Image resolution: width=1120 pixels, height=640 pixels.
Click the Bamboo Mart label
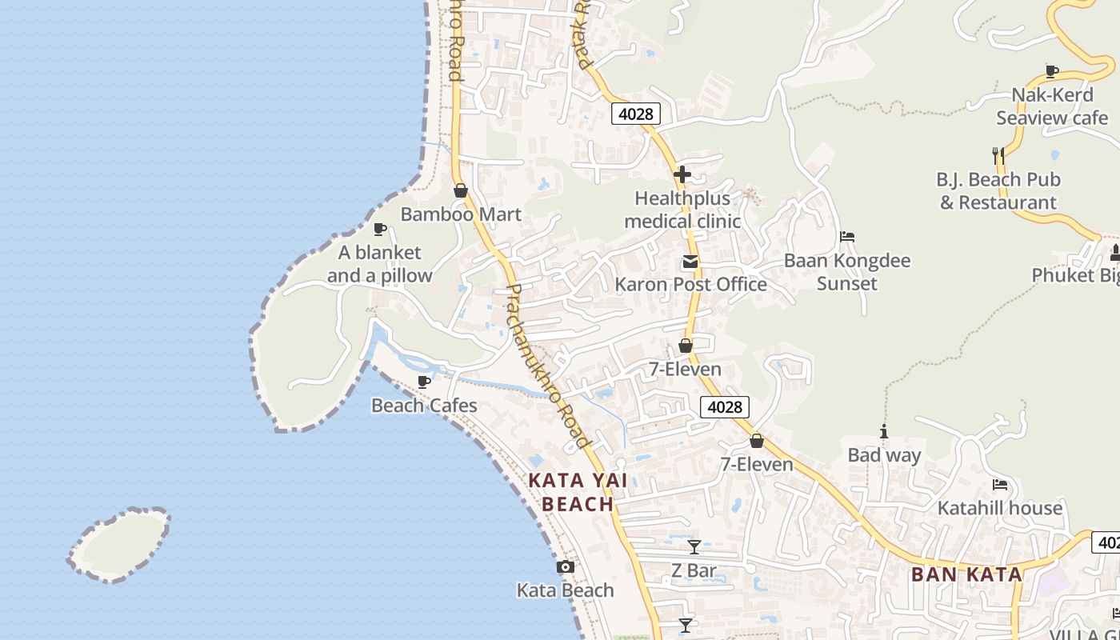coord(461,214)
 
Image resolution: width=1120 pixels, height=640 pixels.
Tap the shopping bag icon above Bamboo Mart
coord(460,190)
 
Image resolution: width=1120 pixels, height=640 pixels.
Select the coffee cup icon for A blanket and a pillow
coord(380,230)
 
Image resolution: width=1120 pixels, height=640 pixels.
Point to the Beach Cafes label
coord(424,406)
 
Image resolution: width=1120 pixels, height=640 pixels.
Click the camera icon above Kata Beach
coord(566,567)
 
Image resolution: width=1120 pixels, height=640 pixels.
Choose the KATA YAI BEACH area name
coord(578,492)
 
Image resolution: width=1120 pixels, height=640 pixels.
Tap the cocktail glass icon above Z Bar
coord(694,547)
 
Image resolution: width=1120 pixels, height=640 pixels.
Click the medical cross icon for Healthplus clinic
coord(682,174)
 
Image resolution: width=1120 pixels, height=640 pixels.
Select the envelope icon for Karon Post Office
coord(690,262)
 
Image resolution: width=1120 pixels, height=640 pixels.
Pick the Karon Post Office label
coord(690,284)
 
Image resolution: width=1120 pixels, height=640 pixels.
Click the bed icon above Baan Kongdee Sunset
coord(847,237)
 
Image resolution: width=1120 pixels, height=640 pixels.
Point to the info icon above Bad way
coord(884,431)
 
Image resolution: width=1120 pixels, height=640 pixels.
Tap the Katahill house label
coord(1000,508)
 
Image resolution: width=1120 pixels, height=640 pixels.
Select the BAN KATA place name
coord(966,574)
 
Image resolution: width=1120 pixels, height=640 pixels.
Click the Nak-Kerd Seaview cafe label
coord(1052,106)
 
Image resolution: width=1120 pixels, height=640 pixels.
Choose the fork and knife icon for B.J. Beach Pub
coord(998,155)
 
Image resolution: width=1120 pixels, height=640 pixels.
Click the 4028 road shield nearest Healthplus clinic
coord(636,114)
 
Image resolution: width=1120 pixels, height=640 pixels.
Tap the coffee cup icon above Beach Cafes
coord(424,382)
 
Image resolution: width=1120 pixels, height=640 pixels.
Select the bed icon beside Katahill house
coord(1000,484)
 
